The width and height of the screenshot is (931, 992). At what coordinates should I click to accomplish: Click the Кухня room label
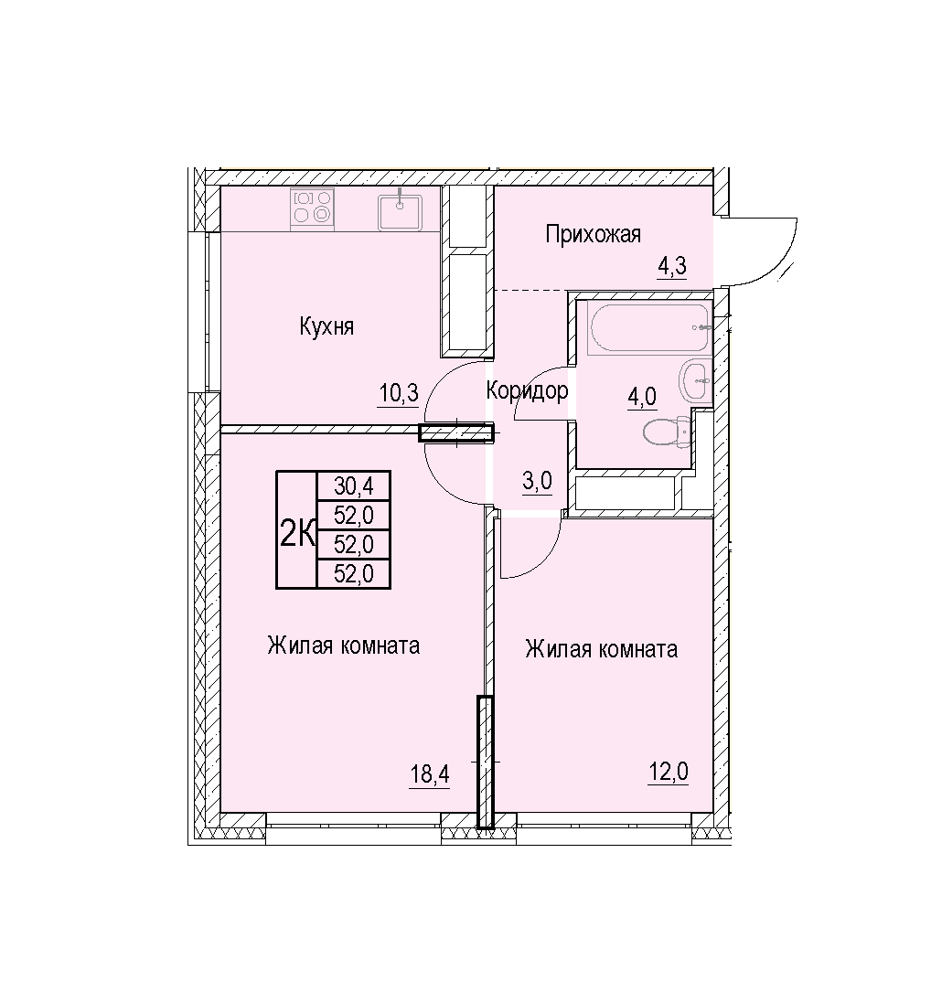[326, 326]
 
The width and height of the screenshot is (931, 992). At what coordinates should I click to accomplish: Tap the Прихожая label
[593, 234]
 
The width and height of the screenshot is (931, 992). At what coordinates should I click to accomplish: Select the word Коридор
[527, 391]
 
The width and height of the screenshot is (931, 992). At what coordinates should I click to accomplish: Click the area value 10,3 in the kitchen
[399, 393]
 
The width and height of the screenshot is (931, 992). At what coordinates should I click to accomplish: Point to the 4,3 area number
[672, 266]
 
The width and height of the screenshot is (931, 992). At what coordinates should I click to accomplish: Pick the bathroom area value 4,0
[642, 398]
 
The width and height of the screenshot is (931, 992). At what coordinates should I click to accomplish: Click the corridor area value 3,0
[537, 482]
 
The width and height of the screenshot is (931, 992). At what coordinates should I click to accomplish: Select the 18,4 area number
[430, 773]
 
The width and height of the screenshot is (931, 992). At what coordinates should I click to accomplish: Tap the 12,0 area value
[668, 773]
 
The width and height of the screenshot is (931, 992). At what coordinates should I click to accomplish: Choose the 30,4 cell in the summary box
[354, 485]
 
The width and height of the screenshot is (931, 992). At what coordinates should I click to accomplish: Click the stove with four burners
[313, 208]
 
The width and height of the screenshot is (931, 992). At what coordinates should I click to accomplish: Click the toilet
[666, 432]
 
